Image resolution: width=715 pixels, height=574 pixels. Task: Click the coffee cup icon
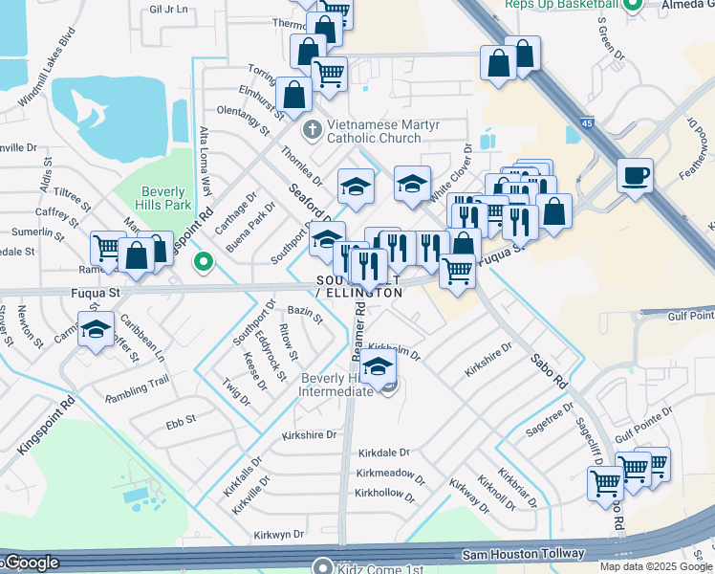[x=635, y=175]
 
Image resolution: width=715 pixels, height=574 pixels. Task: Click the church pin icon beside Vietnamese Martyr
[x=311, y=128]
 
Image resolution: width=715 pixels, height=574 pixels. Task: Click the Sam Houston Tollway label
[x=523, y=554]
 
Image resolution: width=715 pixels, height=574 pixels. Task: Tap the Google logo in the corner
[x=31, y=563]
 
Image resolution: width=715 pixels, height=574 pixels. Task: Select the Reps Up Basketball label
[x=557, y=5]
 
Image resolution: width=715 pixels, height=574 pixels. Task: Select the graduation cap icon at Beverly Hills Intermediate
[x=379, y=367]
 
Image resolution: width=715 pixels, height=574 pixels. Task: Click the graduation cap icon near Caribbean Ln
[x=96, y=328]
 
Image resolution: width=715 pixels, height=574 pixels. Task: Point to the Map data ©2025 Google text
[x=656, y=566]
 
